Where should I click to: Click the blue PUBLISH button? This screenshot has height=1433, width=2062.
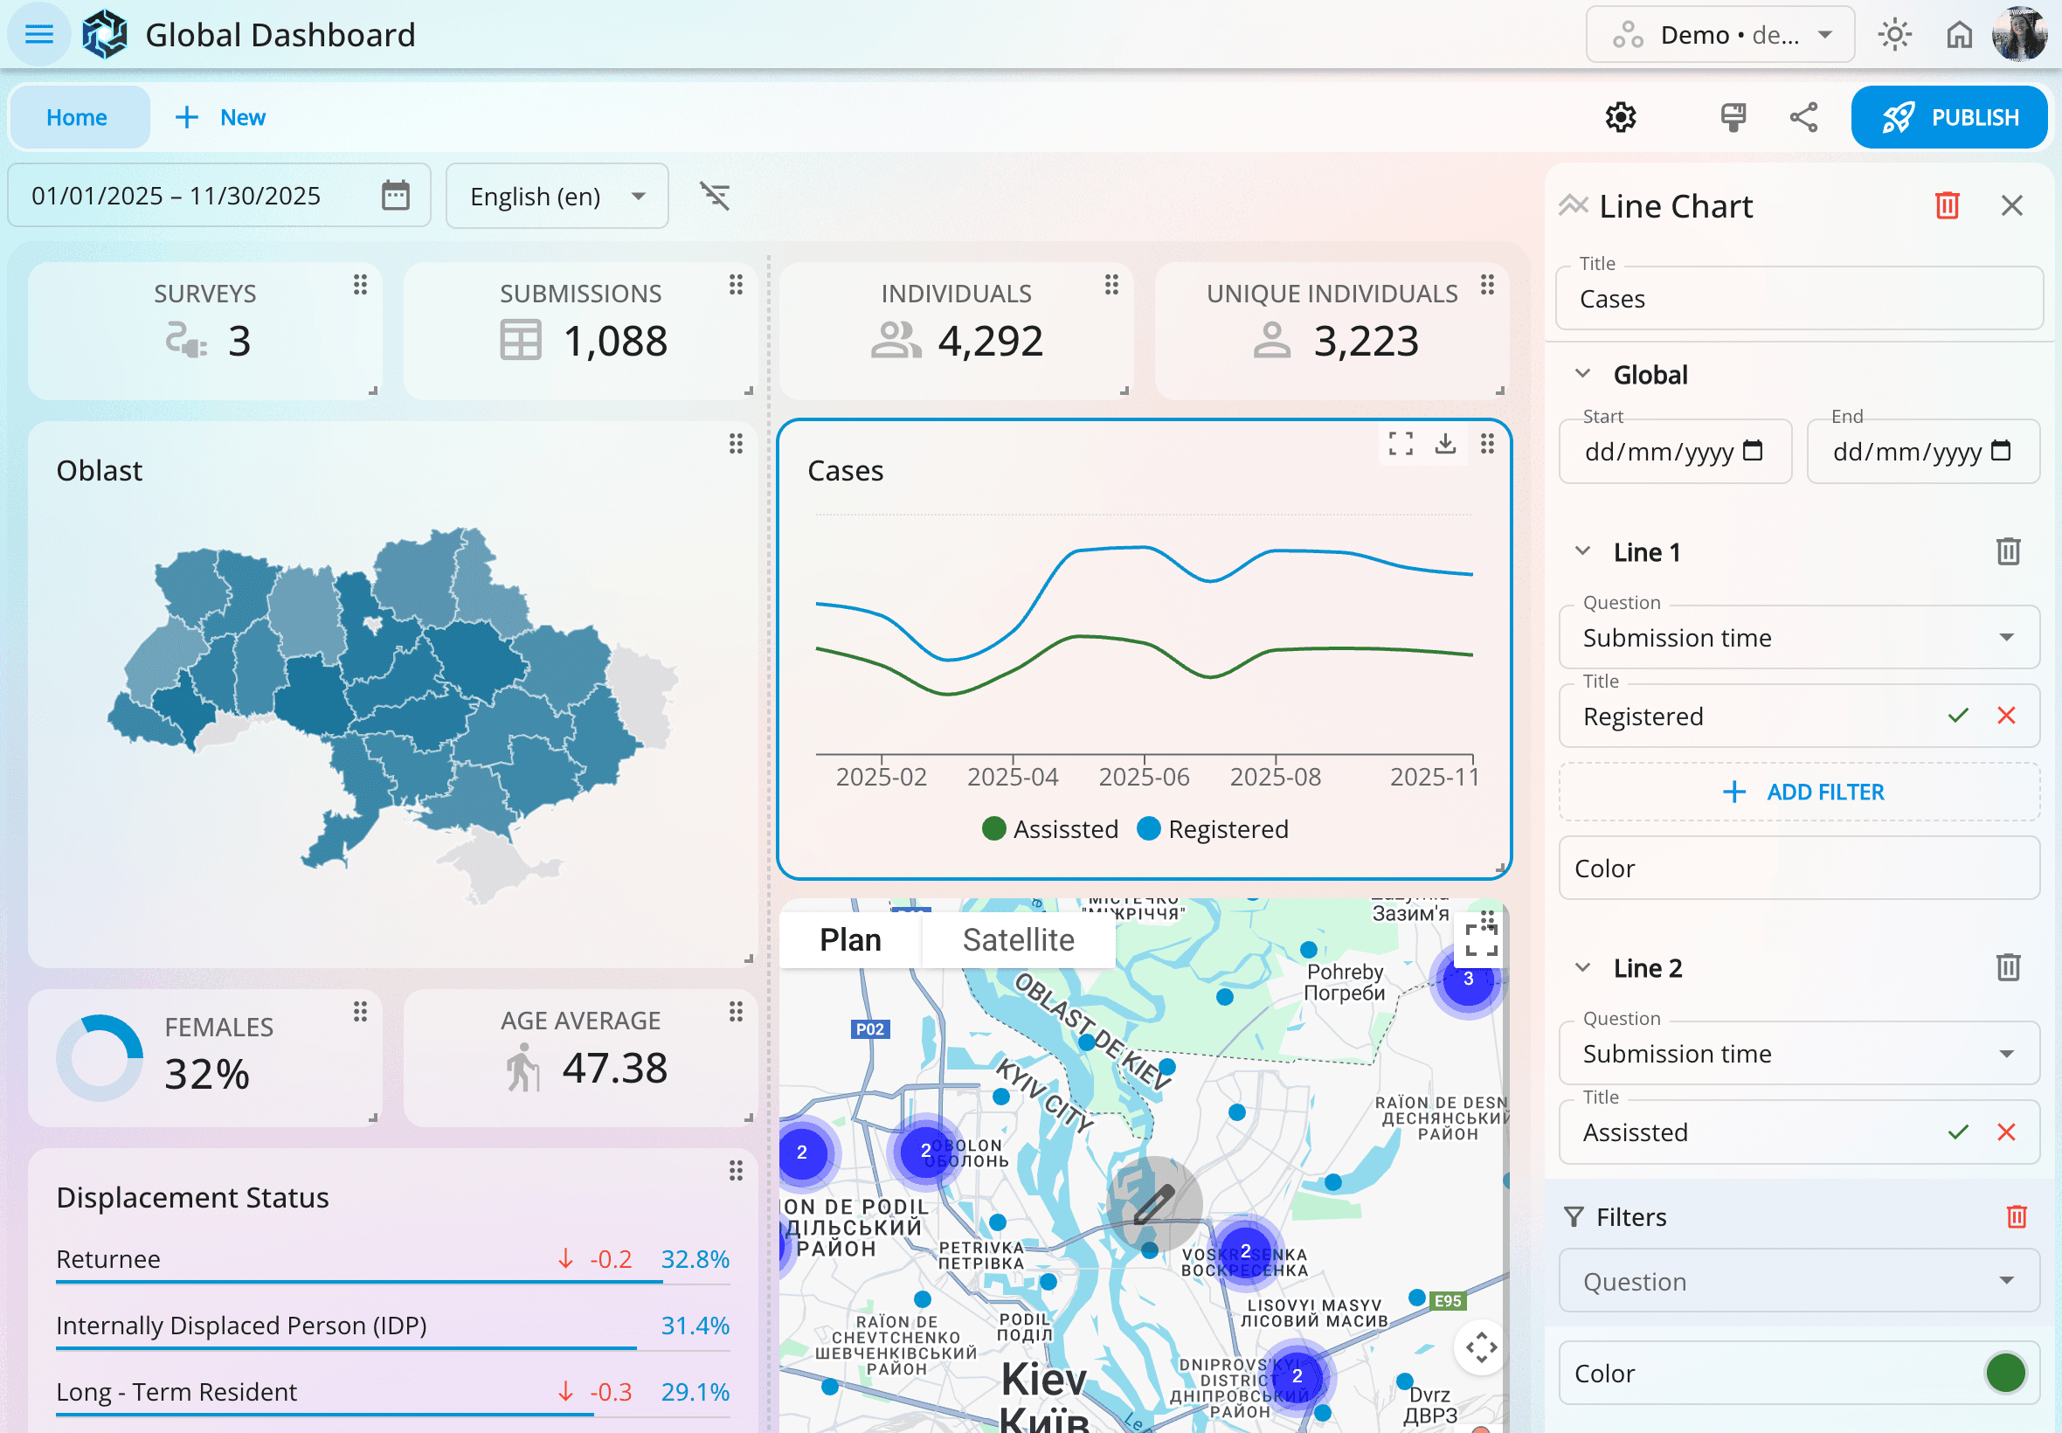[1948, 117]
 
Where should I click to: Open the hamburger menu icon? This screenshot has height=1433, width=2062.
[38, 34]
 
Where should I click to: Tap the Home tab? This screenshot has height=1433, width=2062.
[77, 117]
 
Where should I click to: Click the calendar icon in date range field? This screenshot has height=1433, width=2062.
[395, 195]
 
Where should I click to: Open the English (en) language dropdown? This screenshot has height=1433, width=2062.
[557, 196]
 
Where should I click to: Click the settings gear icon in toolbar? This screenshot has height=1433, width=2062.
[1621, 117]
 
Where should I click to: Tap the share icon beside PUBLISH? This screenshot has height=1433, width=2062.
[1803, 117]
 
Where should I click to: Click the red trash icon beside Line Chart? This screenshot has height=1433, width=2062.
[1946, 205]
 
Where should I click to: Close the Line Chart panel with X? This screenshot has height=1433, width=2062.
[2011, 205]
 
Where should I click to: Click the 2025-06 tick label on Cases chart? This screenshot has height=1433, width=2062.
[1144, 777]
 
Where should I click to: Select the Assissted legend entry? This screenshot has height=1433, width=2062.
[1049, 828]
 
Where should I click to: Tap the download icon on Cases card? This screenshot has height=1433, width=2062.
[1444, 443]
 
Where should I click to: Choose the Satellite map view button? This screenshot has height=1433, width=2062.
[1018, 939]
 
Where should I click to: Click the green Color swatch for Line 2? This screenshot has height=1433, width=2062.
[2004, 1373]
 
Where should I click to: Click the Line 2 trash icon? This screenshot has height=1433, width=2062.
[2008, 967]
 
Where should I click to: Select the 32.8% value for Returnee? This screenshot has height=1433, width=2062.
[695, 1259]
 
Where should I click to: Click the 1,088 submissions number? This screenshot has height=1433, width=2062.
[615, 341]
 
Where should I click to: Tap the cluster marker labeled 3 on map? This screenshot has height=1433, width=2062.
[1468, 979]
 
